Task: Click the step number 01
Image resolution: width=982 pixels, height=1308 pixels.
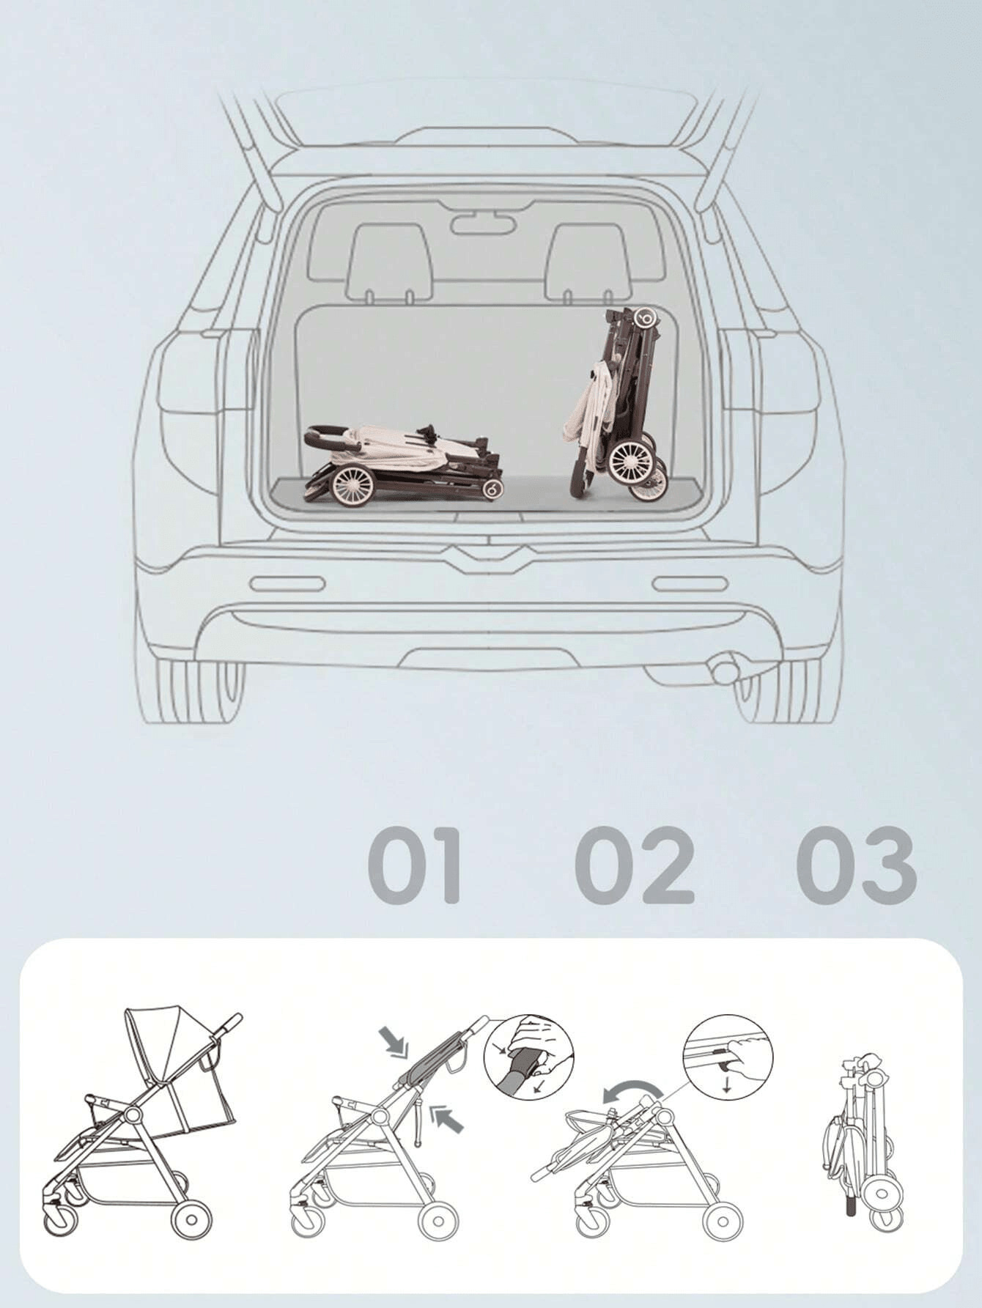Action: coord(415,865)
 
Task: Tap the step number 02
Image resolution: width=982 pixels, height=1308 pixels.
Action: coord(635,865)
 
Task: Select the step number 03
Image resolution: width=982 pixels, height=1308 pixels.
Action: coord(856,865)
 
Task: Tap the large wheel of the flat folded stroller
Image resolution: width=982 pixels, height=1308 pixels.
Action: coord(352,486)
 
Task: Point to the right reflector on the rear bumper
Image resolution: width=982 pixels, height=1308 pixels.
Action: coord(690,584)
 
